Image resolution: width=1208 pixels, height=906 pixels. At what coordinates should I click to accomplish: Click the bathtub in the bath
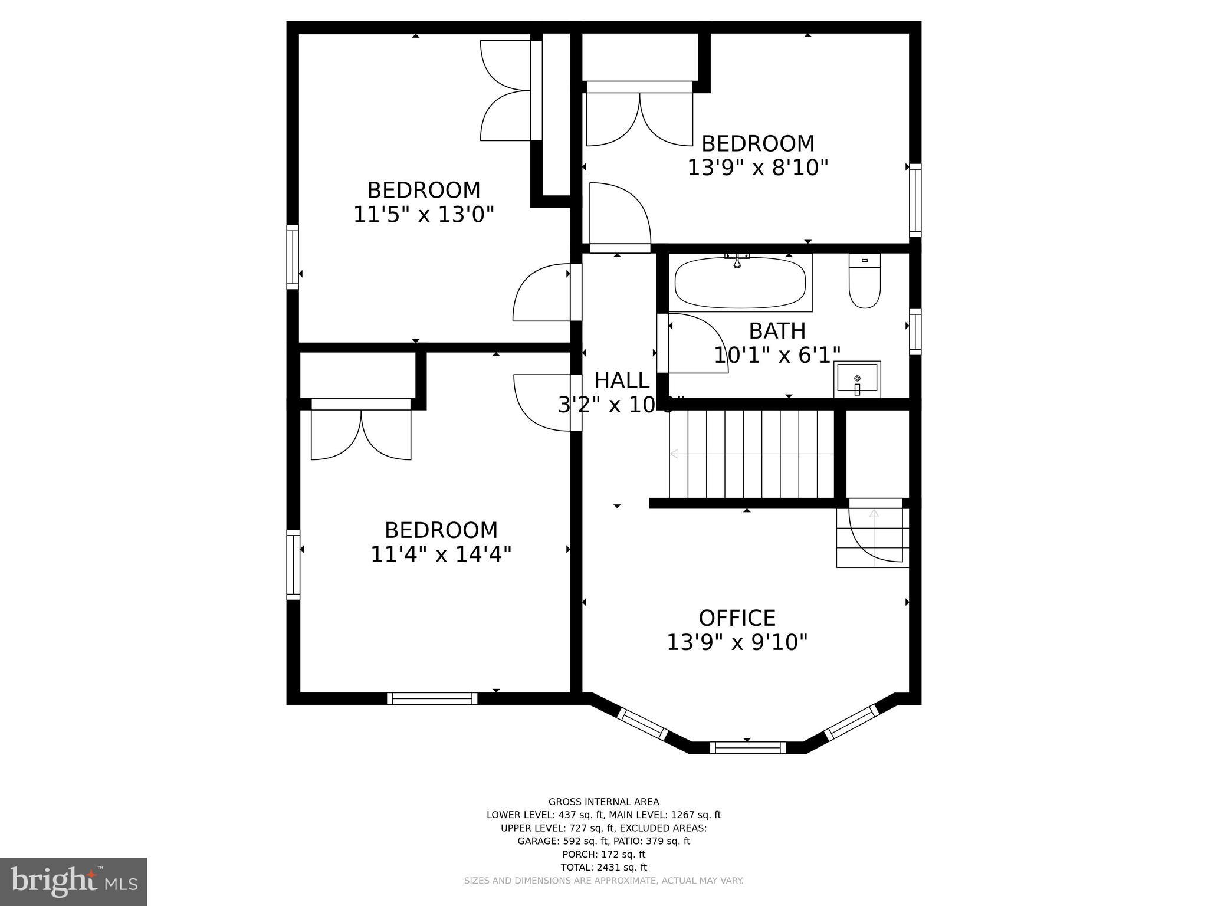740,283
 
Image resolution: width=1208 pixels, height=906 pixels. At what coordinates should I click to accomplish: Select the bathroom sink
857,379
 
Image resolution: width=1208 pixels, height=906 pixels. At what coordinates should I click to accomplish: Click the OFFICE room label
737,618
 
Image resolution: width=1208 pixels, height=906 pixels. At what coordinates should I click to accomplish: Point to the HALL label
622,381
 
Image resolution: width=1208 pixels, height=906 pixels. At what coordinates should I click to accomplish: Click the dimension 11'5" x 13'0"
423,214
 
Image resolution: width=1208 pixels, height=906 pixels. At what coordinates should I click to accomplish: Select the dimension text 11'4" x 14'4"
440,554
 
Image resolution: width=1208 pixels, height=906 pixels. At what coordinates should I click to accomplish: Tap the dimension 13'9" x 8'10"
757,168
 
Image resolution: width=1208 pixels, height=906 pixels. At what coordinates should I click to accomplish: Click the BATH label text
777,331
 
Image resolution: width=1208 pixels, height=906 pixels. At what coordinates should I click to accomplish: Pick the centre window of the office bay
747,748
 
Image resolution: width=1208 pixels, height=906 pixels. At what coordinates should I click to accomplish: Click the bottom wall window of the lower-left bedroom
432,698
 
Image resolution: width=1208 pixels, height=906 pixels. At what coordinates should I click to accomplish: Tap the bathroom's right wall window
915,331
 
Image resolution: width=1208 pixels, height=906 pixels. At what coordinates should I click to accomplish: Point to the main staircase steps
752,454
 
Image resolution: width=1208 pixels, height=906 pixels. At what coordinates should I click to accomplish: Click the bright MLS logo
73,882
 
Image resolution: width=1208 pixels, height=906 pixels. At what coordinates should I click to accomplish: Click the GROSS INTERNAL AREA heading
603,802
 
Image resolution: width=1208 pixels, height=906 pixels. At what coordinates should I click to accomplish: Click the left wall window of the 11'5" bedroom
293,257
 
